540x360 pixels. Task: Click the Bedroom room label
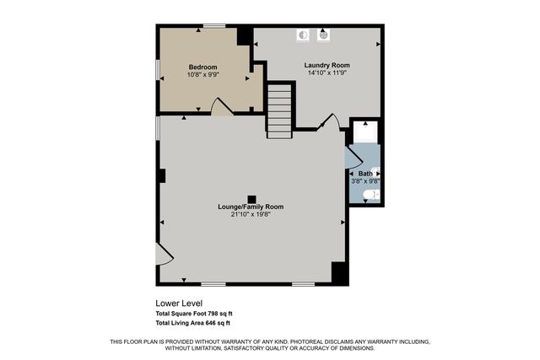coord(202,67)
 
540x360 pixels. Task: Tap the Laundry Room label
coord(327,65)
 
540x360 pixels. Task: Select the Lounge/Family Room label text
coord(251,207)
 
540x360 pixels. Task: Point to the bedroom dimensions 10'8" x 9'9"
coord(202,75)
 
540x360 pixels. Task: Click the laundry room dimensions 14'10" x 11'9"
coord(327,73)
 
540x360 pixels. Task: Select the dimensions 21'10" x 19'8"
coord(251,214)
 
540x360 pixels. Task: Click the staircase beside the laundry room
coord(280,109)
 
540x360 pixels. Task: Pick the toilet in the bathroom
coord(370,195)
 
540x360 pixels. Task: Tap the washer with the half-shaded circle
coord(305,35)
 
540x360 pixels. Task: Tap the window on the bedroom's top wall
coord(213,26)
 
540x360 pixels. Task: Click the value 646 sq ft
coord(217,323)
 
